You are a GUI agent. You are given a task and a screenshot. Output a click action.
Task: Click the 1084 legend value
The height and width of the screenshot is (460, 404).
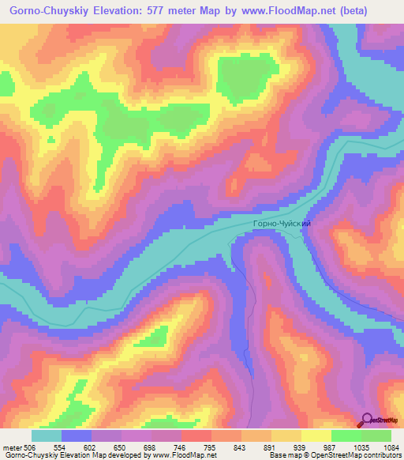(392, 447)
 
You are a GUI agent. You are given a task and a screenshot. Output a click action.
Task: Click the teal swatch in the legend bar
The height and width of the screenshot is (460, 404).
(47, 435)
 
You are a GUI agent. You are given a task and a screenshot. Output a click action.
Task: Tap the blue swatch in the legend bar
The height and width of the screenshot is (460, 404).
(77, 435)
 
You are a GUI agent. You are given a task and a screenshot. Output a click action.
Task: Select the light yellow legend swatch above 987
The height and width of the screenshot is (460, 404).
(316, 435)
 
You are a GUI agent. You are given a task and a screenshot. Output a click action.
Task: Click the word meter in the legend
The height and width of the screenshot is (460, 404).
(12, 447)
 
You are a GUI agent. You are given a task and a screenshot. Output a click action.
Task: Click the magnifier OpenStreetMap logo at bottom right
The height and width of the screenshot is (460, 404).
(366, 420)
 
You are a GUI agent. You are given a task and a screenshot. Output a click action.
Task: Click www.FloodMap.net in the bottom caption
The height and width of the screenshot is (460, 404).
(184, 455)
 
